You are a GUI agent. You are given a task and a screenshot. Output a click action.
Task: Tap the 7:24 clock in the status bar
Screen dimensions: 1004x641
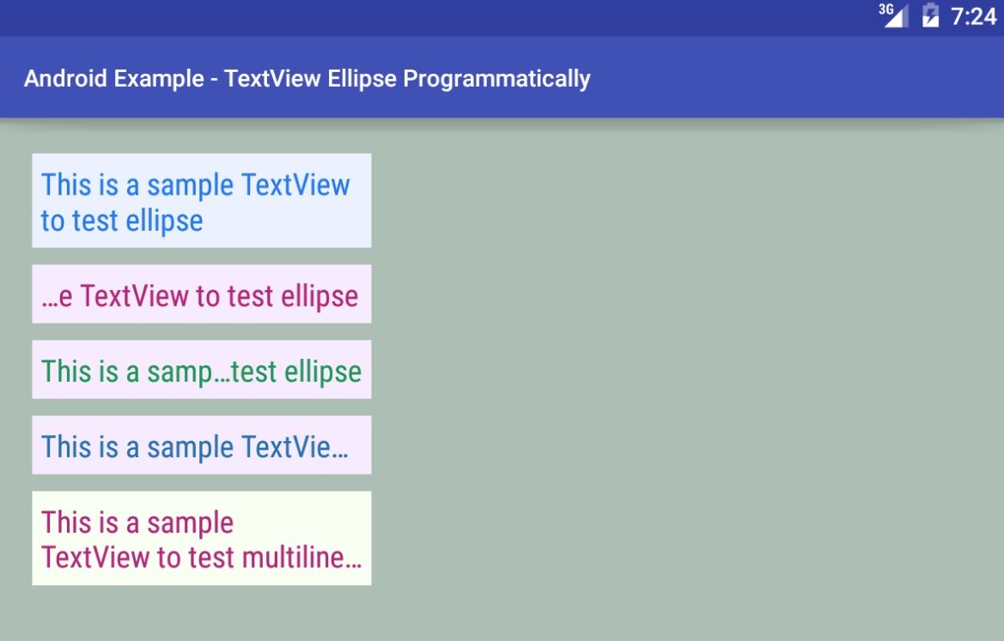coord(973,16)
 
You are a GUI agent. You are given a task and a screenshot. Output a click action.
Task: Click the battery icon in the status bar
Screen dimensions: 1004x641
coord(930,15)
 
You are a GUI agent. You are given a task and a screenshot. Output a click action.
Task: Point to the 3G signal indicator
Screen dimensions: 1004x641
coord(893,15)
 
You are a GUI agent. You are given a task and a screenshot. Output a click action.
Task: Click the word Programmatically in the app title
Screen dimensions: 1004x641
coord(496,79)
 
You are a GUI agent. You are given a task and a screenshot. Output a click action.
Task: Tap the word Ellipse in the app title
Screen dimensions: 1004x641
coord(362,79)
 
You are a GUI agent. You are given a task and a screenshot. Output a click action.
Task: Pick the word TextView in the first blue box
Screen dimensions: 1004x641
coord(295,184)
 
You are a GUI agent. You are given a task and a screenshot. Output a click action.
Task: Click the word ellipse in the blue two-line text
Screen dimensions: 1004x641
coord(165,221)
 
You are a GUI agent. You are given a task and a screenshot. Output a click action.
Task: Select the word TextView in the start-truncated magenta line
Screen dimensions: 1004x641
coord(135,296)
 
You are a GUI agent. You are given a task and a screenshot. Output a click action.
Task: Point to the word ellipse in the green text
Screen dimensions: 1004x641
coord(323,372)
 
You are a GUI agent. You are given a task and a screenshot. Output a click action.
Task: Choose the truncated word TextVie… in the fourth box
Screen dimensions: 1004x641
coord(295,447)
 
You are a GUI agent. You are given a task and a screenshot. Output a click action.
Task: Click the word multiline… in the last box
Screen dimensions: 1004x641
coord(301,557)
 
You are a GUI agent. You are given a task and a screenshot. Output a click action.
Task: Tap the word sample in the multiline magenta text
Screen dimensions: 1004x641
coord(190,523)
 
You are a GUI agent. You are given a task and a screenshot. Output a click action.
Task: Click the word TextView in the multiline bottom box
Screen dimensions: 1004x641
coord(96,557)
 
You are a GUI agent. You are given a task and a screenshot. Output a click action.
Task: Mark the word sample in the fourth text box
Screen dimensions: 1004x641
coord(190,448)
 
